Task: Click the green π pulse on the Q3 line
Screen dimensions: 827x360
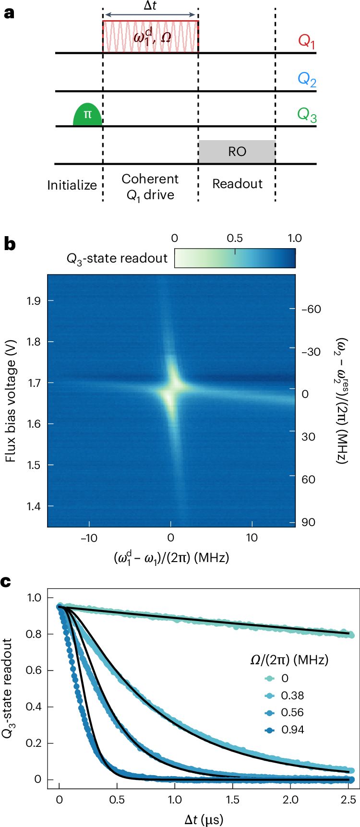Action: [87, 115]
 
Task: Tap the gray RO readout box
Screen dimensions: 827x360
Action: [237, 152]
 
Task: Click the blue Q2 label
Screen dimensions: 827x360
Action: [307, 79]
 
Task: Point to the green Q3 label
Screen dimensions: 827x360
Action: [307, 115]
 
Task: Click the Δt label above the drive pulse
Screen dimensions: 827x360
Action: [150, 7]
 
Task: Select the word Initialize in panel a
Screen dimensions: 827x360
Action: [72, 185]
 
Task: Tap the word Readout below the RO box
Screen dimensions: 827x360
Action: [237, 184]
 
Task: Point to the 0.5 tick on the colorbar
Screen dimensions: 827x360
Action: [235, 239]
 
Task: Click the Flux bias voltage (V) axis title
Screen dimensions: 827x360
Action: [11, 401]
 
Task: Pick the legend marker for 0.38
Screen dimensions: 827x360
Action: [269, 695]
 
